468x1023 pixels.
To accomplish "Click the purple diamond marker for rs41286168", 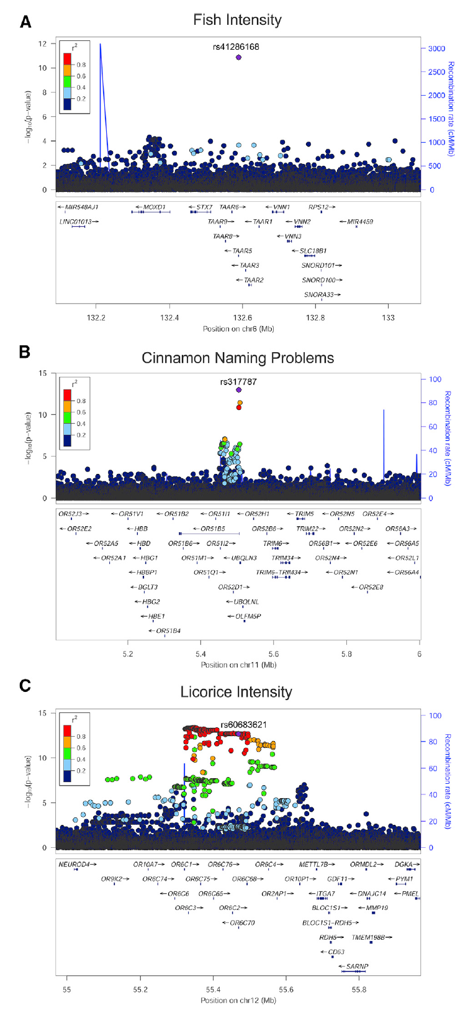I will (x=238, y=57).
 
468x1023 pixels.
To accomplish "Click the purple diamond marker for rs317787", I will (x=238, y=390).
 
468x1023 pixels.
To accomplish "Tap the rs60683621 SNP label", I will (x=244, y=725).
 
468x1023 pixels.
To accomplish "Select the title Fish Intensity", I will (x=237, y=20).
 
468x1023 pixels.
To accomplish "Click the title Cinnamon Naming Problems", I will (x=238, y=358).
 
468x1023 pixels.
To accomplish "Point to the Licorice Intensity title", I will (x=236, y=692).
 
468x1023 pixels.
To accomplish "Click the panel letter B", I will (x=25, y=352).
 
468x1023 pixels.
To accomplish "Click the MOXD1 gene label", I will (x=155, y=207).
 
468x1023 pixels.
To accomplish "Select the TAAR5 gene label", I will (x=241, y=251).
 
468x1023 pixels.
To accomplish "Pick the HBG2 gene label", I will (x=151, y=602).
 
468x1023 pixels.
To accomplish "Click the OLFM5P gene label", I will (x=248, y=616).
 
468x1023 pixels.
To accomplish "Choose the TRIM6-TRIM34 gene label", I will (x=278, y=572).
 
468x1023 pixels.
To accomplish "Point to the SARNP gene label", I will (x=357, y=966).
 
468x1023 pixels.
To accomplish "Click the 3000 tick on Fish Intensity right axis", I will (x=436, y=48).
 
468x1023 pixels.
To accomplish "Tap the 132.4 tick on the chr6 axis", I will (x=169, y=317).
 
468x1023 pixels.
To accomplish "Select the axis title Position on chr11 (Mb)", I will (x=238, y=665).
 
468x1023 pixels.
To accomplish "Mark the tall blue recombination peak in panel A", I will (x=101, y=46).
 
